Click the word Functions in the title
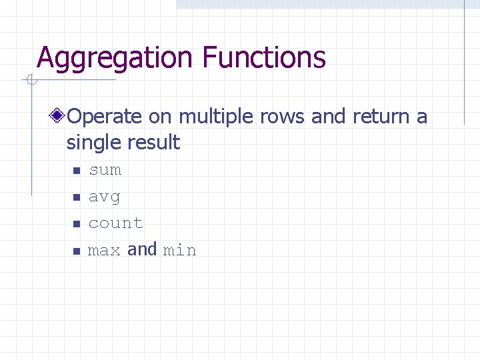pos(263,57)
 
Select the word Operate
pos(105,117)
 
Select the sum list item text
pos(105,170)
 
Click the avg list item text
pos(105,197)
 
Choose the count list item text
pos(115,223)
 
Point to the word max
pos(104,251)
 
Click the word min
pos(180,251)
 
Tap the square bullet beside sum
pos(76,171)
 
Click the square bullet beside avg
pos(76,198)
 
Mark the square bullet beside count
pos(76,225)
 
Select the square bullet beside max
pos(76,251)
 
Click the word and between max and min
pos(142,249)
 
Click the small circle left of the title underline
pos(29,81)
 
